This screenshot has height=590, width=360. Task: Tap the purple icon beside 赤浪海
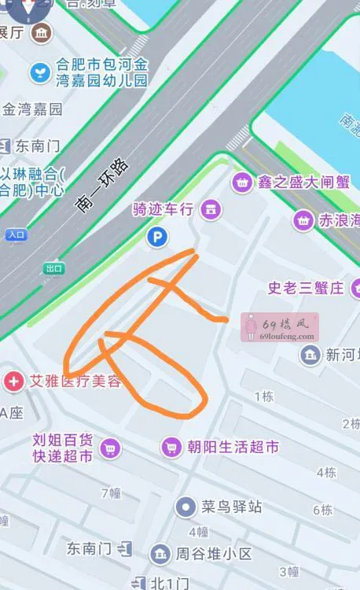coord(303,221)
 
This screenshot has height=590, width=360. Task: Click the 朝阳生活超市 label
coord(233,448)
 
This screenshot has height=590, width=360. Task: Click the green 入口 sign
coord(16,234)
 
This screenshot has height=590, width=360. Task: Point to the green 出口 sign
coord(53,268)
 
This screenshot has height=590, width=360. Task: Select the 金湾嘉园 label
coord(32,109)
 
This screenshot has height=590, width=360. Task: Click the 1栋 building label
coord(264,397)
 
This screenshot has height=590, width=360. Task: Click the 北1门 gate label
coord(170,583)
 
